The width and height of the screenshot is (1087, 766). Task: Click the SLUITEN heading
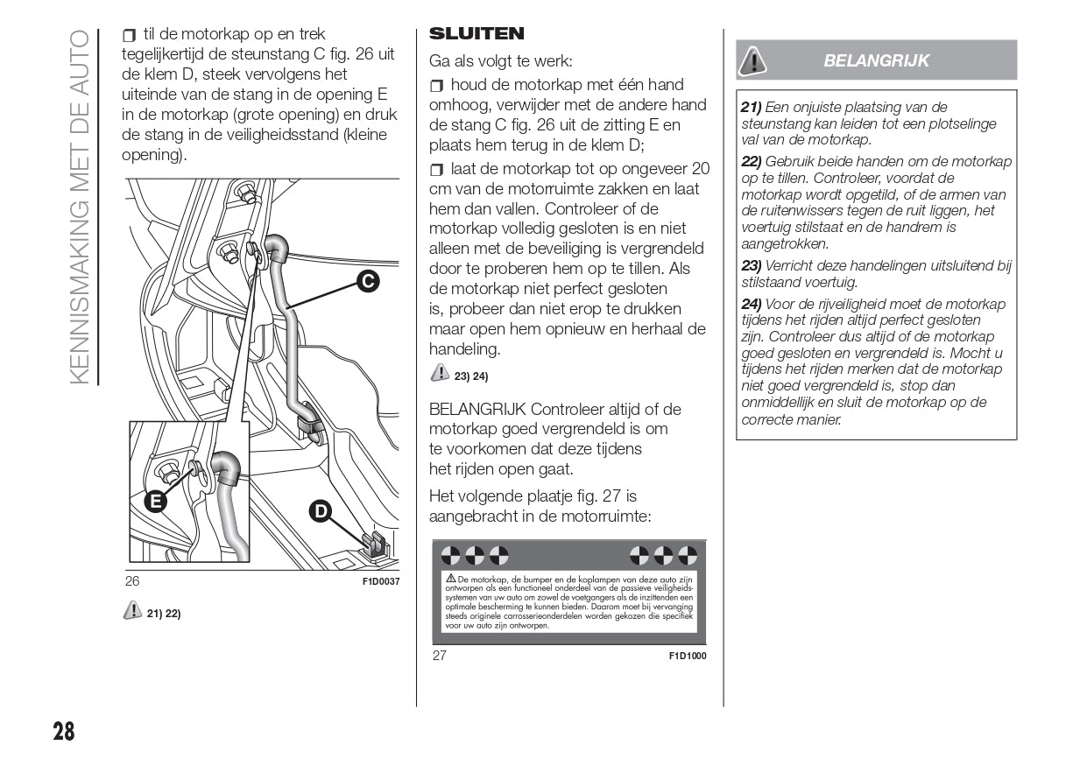click(x=476, y=34)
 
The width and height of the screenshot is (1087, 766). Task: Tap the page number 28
click(x=63, y=731)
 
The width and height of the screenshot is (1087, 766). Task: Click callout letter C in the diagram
click(x=368, y=281)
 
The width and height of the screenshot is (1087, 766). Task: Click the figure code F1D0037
click(x=381, y=581)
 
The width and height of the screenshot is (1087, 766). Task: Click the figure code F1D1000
click(x=688, y=656)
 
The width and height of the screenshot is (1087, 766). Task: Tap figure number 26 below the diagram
click(x=132, y=581)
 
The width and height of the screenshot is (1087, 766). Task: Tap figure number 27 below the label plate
click(x=440, y=656)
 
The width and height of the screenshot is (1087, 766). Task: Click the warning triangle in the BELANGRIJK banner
click(x=752, y=60)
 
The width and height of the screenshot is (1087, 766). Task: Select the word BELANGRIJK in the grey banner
click(x=877, y=60)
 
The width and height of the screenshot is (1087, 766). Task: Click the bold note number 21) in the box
click(x=752, y=108)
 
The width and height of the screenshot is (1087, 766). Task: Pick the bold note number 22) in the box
click(x=752, y=162)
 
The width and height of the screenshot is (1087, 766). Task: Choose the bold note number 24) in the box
click(x=752, y=305)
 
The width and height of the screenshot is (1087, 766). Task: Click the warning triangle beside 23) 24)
click(x=439, y=375)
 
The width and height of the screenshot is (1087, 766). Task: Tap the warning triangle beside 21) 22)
click(x=132, y=612)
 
